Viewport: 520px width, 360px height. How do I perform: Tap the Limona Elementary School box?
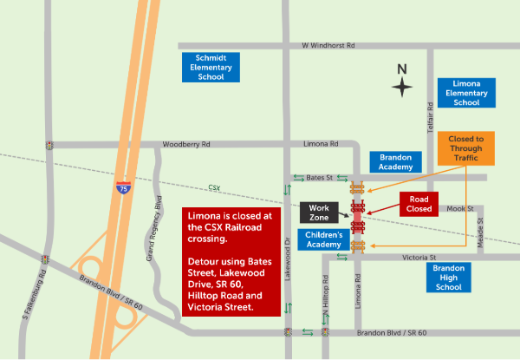[466, 92]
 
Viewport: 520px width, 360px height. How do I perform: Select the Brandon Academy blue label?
[395, 162]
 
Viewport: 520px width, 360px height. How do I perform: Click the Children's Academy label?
[323, 240]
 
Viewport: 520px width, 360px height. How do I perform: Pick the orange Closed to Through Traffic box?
[466, 148]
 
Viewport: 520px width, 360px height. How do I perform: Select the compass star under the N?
[401, 87]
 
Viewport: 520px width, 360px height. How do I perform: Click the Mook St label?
[460, 209]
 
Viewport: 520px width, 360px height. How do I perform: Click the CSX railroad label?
[214, 187]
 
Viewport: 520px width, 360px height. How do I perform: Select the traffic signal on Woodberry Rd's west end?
[51, 145]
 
